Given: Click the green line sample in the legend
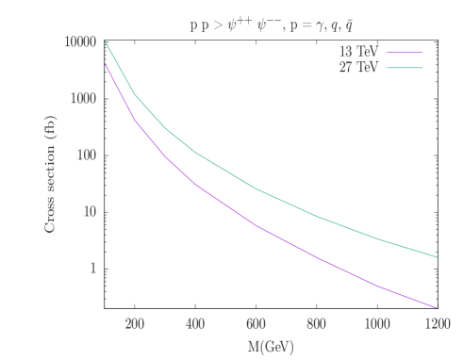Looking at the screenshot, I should (404, 68).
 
